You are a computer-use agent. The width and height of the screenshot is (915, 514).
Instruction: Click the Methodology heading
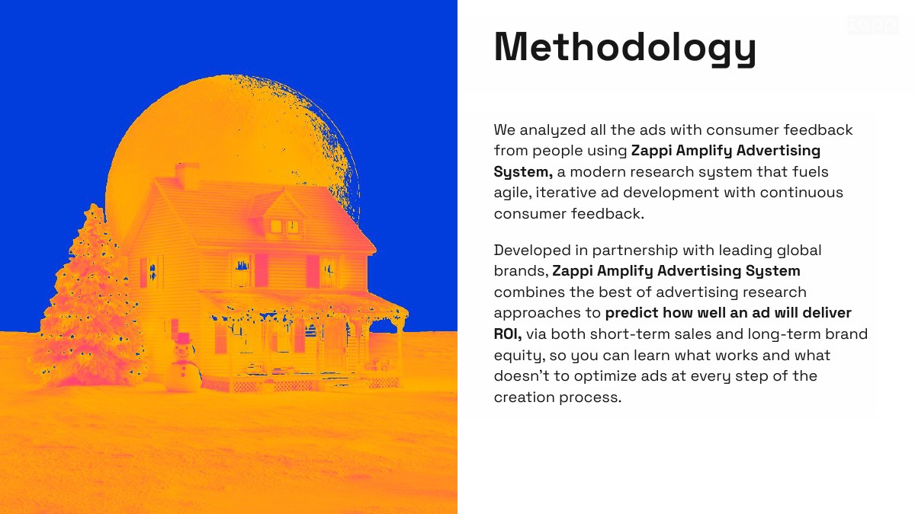point(625,48)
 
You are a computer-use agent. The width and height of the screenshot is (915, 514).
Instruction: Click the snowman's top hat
point(184,339)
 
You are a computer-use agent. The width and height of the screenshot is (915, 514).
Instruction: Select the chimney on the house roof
point(187,176)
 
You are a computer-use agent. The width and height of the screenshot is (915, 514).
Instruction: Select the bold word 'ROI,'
point(508,334)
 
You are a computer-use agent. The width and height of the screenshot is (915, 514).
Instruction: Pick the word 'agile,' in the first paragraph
point(512,193)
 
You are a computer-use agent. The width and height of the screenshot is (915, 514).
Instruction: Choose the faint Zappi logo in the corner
point(873,25)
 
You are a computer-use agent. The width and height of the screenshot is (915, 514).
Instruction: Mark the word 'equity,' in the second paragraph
point(519,356)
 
